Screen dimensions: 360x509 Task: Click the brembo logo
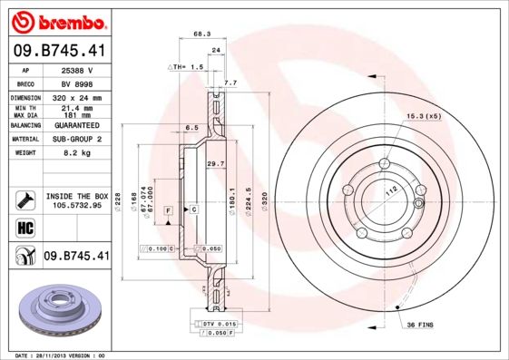(57, 20)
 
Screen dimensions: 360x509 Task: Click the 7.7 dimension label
(230, 83)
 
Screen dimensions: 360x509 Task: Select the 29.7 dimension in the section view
(215, 163)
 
